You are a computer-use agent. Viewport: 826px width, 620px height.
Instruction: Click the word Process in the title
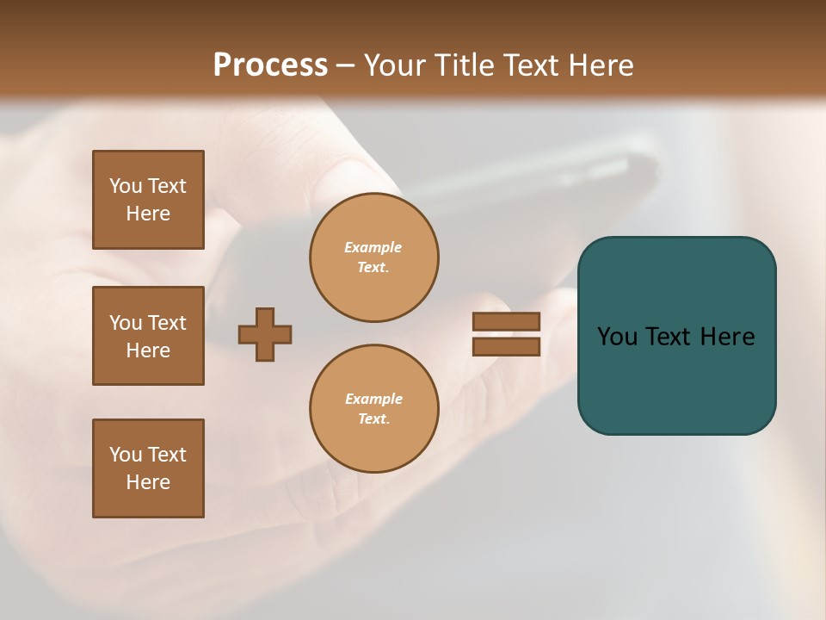click(270, 65)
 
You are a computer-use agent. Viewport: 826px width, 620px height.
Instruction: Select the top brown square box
click(148, 200)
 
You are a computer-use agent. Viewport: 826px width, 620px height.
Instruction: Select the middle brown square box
click(148, 336)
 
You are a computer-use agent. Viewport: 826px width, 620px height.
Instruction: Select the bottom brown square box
click(148, 468)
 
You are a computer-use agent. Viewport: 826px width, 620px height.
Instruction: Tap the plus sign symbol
click(265, 334)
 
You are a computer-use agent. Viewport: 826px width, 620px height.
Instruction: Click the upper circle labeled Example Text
click(374, 257)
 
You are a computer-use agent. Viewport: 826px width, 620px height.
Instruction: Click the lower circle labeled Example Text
click(374, 409)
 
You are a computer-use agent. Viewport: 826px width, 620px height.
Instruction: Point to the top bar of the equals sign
click(506, 321)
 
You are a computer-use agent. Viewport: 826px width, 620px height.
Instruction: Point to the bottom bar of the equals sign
click(506, 346)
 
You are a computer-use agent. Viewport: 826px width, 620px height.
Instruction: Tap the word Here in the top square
click(148, 214)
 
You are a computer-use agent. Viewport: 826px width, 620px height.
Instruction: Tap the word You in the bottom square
click(126, 455)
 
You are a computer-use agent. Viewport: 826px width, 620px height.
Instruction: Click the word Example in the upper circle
click(373, 247)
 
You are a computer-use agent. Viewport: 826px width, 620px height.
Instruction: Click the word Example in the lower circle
click(373, 399)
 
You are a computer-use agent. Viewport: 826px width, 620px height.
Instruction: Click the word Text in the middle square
click(167, 323)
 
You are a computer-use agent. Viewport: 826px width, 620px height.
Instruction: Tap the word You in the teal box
click(617, 337)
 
